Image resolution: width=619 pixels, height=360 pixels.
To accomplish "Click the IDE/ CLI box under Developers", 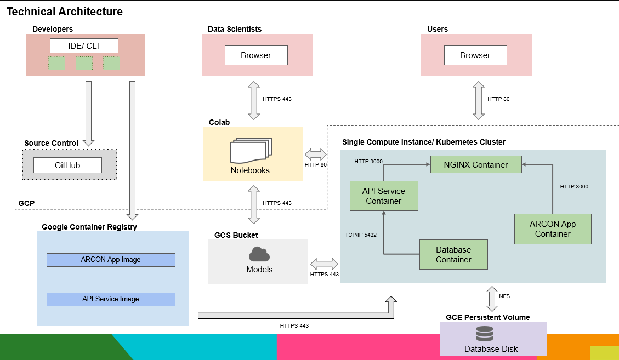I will (x=84, y=45).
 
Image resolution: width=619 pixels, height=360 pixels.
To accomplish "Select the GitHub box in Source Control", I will (x=67, y=165).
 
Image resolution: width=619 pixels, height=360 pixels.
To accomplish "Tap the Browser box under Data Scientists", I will (x=256, y=55).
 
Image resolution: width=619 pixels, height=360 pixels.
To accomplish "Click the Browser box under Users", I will (x=475, y=55).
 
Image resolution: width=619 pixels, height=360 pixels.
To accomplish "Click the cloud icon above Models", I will (x=259, y=254).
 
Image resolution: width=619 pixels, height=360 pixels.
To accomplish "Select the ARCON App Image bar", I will (x=111, y=260).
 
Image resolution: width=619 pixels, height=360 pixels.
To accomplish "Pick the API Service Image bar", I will (x=111, y=299).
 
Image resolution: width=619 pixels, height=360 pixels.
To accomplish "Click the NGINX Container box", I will (x=476, y=164).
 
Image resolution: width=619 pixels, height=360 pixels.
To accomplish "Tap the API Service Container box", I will (x=384, y=196).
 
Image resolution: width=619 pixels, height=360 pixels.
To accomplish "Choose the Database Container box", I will (x=453, y=255).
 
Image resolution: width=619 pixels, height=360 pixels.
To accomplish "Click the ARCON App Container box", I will (x=553, y=229).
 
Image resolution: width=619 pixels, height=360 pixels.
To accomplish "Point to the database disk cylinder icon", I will (x=485, y=333).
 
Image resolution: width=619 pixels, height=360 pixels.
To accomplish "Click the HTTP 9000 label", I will (x=368, y=162).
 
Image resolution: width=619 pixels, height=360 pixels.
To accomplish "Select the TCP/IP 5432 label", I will (x=360, y=235).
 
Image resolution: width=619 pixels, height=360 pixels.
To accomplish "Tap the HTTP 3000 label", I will (x=574, y=187).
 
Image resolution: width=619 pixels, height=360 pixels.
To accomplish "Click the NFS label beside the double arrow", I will (x=504, y=296).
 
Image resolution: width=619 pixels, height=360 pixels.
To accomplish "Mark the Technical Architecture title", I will (x=65, y=12).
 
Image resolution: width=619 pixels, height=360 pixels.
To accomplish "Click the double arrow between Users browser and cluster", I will (x=479, y=100).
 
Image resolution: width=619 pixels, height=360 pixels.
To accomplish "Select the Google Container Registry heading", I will (x=89, y=227).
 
